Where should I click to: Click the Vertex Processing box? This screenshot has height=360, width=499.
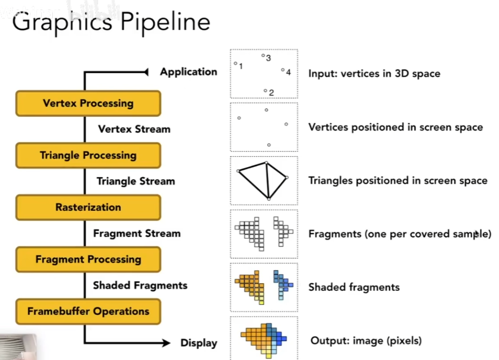(88, 103)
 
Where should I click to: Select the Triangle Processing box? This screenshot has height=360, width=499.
(88, 155)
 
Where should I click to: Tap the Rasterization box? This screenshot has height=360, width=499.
(88, 207)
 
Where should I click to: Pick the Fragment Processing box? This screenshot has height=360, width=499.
(88, 259)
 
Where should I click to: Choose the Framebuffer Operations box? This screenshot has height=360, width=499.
(88, 311)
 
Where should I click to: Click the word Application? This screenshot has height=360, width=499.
(189, 72)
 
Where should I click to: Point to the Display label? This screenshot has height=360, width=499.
(199, 343)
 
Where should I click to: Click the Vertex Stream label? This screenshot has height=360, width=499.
(134, 129)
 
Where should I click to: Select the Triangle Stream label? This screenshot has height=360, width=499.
(136, 181)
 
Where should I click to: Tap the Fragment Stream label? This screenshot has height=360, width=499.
(137, 233)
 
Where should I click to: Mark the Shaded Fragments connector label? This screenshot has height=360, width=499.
(140, 285)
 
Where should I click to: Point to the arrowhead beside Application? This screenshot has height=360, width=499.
(146, 72)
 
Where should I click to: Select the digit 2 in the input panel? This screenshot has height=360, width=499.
(271, 93)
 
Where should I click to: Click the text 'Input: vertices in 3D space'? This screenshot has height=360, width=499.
(374, 74)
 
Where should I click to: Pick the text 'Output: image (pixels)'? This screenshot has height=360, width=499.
(366, 341)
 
